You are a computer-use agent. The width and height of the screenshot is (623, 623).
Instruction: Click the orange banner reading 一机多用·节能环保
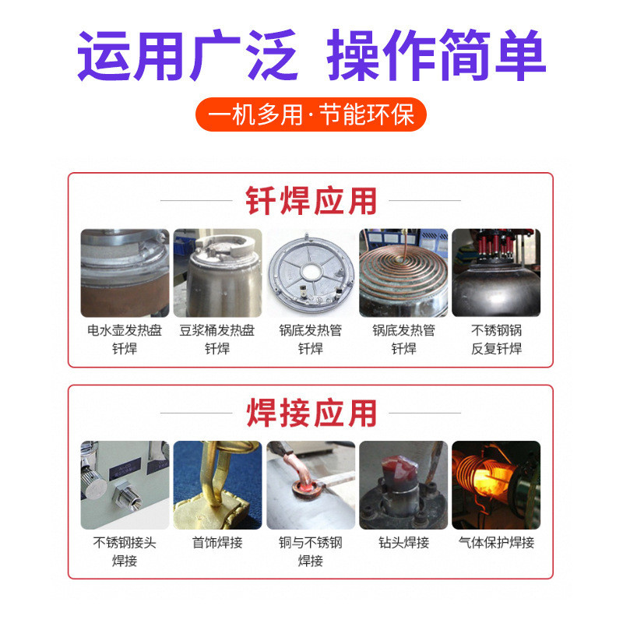pos(311,115)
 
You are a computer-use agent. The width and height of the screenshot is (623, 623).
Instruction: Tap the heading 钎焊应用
pos(311,200)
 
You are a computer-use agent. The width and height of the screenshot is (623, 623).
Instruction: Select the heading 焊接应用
pos(311,413)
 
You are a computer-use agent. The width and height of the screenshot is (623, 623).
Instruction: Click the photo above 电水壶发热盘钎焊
pos(125,273)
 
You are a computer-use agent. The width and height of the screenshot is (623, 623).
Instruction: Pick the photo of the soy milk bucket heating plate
pos(217,273)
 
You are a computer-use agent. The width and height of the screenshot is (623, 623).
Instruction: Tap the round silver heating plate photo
pos(311,273)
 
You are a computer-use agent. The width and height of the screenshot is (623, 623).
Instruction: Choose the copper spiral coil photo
pos(403,273)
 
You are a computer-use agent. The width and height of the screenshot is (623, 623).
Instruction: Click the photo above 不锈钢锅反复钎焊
pos(496,273)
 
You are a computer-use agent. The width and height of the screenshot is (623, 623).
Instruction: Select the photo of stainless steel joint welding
pos(125,485)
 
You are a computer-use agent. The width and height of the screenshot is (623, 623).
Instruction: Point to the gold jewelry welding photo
pos(217,485)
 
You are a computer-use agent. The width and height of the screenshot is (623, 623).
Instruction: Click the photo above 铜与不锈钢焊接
pos(311,485)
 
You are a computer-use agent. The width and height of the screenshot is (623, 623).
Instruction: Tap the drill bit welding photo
pos(403,485)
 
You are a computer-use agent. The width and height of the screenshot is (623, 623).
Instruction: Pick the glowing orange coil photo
pos(496,485)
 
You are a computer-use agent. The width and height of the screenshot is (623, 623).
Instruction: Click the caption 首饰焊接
pos(217,543)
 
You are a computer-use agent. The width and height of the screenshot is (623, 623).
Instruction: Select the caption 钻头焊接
pos(403,543)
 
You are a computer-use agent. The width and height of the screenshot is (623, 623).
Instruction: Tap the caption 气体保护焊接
pos(496,543)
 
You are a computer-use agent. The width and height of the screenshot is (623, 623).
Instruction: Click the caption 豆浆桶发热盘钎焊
pos(217,340)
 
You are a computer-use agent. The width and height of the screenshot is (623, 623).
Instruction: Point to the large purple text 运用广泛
pos(188,56)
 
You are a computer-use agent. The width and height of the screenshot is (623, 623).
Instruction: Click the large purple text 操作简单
pos(436,56)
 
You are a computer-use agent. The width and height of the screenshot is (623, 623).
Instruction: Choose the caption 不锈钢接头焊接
pos(125,551)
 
